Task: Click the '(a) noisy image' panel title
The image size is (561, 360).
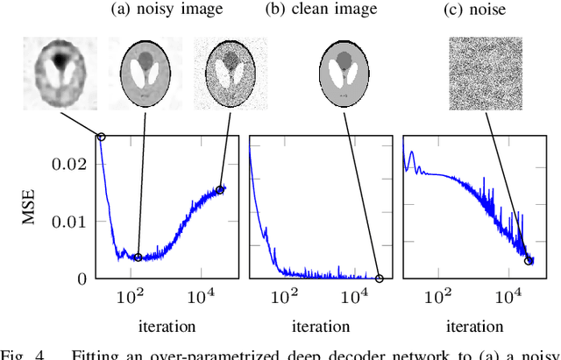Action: click(x=166, y=10)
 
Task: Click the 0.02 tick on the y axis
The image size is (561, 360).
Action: click(x=74, y=164)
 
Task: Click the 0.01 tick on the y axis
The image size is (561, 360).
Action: click(x=74, y=221)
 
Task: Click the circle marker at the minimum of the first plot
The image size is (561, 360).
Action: click(x=138, y=258)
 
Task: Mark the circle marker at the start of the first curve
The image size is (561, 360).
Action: click(x=101, y=137)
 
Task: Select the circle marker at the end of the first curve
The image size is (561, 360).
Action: click(x=220, y=188)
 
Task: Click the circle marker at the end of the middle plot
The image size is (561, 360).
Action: click(x=379, y=279)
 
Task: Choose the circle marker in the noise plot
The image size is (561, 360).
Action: click(x=529, y=260)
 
